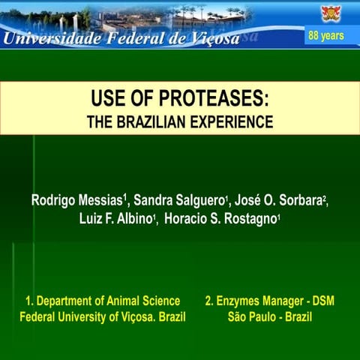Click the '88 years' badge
pos(325,36)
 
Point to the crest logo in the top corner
pos(331,13)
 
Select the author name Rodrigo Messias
pos(77,202)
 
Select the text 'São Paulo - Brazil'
pos(269,316)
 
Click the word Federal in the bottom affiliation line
pos(39,316)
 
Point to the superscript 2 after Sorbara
pos(326,199)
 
